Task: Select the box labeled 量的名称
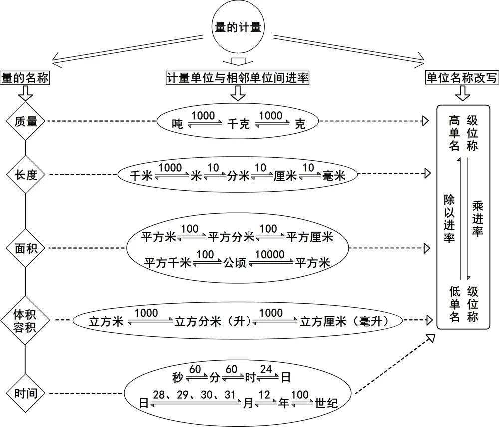[25, 78]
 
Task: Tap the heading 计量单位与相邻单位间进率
[238, 78]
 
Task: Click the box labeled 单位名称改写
[462, 78]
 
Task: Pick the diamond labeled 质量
[25, 121]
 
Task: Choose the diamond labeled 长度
[25, 174]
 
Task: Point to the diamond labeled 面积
[25, 248]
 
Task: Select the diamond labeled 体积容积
[25, 320]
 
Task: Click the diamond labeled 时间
[25, 393]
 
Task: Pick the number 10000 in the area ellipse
[270, 254]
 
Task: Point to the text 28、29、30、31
[195, 395]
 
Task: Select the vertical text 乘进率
[477, 219]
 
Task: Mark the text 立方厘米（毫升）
[343, 321]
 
